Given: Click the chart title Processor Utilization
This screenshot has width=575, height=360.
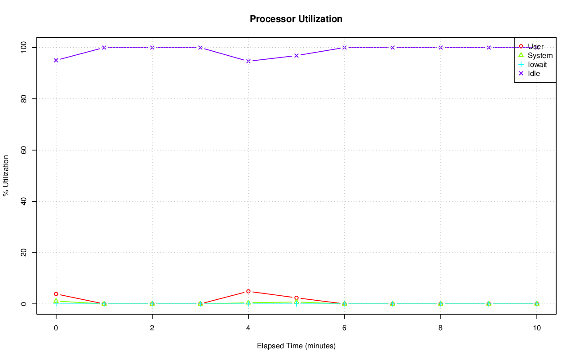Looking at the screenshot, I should tap(296, 19).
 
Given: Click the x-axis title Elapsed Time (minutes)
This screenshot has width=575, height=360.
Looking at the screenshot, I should tap(296, 346).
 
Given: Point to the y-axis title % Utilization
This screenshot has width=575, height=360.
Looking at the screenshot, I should tap(6, 175).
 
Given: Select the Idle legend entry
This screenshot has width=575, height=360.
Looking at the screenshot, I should tap(534, 73).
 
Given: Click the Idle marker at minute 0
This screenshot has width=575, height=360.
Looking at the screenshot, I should tap(56, 60).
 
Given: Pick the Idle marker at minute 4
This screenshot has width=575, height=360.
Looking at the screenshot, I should tap(248, 61).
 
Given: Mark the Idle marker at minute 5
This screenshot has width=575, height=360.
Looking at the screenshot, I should tap(296, 56).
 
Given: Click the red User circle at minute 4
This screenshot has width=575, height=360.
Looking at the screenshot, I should tap(248, 291).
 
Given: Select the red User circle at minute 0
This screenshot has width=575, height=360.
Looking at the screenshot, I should tap(56, 294).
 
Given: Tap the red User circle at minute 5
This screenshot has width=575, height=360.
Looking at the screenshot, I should tap(296, 298).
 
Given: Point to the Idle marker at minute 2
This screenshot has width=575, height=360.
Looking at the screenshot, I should tap(152, 48).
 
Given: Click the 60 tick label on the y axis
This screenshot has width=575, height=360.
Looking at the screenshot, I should tap(25, 150).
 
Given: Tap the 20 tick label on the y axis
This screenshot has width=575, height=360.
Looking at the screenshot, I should tap(25, 253).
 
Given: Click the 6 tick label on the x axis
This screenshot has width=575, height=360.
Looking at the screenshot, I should tap(345, 328).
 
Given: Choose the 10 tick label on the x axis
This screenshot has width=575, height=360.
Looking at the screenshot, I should tap(536, 328).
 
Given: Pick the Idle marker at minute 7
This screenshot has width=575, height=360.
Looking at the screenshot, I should tap(393, 48).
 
